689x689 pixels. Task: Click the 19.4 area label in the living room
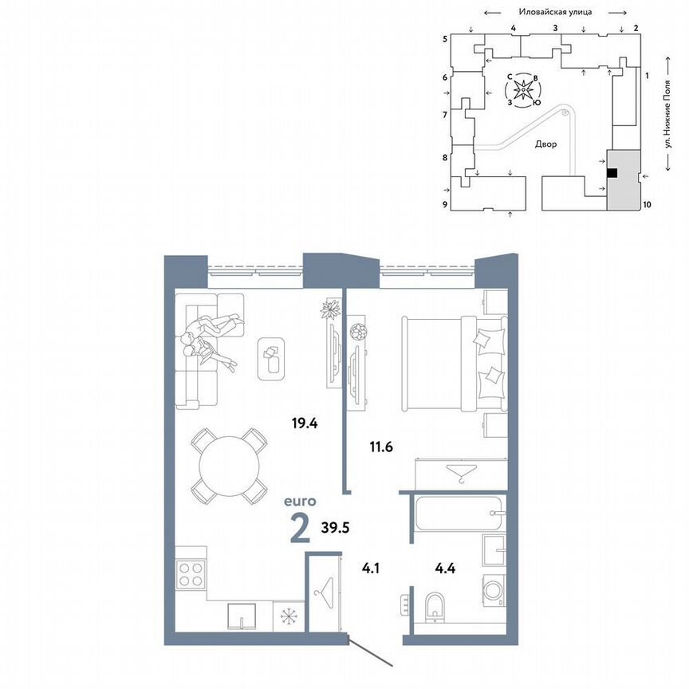[x=305, y=423]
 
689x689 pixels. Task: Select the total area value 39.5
[x=336, y=528]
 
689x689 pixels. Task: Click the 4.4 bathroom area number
[x=445, y=569]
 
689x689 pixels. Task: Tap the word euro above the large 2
[x=301, y=502]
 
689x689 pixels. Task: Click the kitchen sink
[x=241, y=616]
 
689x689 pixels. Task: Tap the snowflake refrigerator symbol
[x=285, y=616]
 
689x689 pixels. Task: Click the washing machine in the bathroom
[x=494, y=594]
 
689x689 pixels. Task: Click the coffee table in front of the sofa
[x=272, y=356]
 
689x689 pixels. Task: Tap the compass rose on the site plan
[x=524, y=89]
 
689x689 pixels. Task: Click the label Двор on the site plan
[x=546, y=145]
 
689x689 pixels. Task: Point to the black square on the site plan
[x=612, y=172]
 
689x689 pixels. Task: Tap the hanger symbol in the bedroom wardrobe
[x=461, y=473]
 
